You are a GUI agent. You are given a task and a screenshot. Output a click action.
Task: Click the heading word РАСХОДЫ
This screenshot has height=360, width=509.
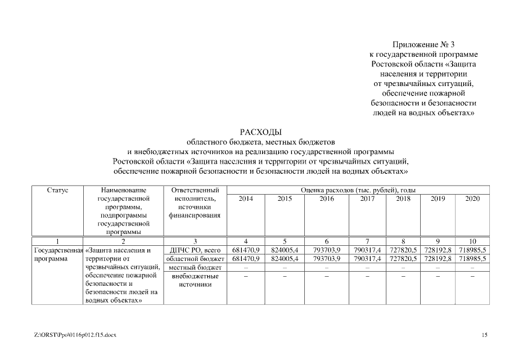tap(259, 132)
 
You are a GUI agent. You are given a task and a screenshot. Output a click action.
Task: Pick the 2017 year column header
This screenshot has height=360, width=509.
tap(367, 199)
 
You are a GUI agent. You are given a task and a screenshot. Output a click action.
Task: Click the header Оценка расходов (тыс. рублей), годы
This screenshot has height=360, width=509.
tap(358, 191)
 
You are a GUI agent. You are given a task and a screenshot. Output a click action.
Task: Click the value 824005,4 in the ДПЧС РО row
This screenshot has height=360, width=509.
tap(285, 249)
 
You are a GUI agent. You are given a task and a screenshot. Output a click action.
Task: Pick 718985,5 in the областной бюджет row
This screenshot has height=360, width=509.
tap(472, 258)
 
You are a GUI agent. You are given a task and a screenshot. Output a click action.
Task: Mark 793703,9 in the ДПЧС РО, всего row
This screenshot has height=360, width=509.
tap(326, 249)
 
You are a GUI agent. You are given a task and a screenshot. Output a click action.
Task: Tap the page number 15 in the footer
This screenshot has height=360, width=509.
tap(485, 336)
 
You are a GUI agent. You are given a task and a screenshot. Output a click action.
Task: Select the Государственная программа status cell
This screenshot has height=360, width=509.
tap(58, 254)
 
